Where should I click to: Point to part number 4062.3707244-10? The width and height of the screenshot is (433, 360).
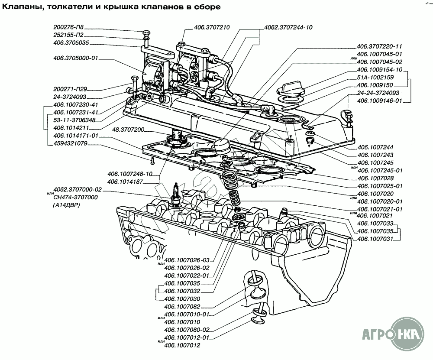pos(288,27)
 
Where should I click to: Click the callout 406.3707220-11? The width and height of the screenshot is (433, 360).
pos(379,46)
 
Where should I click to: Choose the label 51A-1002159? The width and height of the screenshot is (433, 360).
pos(376,77)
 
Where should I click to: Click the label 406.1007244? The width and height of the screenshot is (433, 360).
pos(374,147)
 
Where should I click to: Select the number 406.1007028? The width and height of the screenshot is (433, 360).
pos(374,178)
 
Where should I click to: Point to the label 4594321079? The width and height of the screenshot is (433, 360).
pos(71,143)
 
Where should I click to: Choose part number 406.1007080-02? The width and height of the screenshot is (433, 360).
pos(187,330)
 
